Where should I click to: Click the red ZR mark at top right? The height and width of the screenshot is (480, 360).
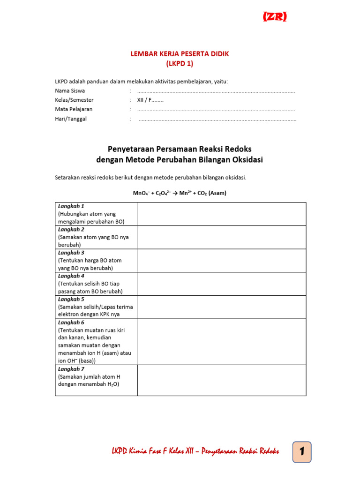[x=275, y=17]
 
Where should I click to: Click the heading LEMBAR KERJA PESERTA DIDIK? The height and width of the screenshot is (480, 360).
[x=180, y=54]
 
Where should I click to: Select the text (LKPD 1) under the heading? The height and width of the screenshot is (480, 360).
[x=180, y=63]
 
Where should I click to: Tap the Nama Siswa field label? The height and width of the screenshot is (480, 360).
[x=70, y=91]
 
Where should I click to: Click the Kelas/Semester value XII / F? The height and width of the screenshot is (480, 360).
[x=150, y=100]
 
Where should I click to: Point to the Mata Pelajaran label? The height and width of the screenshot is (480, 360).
[x=74, y=109]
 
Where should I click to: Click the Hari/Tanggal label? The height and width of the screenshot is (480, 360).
[x=71, y=119]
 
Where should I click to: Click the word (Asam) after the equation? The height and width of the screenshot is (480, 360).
[x=217, y=193]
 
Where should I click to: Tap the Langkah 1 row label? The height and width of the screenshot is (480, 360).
[x=71, y=206]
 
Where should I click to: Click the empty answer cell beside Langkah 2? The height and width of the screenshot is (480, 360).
[x=221, y=237]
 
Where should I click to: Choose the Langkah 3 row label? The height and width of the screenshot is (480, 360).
[x=71, y=253]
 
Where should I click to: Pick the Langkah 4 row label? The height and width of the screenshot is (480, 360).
[x=71, y=276]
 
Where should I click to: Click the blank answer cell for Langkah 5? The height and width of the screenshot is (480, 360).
[x=221, y=307]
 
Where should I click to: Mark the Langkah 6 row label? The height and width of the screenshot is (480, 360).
[x=71, y=322]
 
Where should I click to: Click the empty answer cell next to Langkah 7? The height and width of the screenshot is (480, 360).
[x=221, y=381]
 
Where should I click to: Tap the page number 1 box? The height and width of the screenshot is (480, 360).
[x=302, y=452]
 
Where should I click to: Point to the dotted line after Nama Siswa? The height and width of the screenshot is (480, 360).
[x=216, y=91]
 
